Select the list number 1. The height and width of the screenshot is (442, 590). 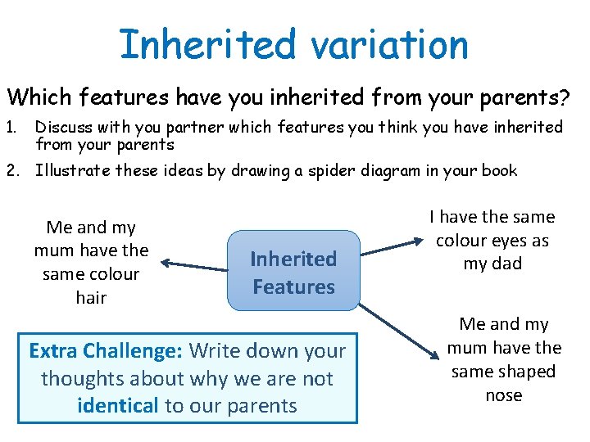[13, 128]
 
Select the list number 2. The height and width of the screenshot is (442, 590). [14, 170]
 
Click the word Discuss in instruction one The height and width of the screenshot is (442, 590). [62, 128]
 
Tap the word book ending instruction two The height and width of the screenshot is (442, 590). [500, 170]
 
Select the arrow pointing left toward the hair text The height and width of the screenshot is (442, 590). [193, 263]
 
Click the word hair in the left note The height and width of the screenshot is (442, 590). [91, 297]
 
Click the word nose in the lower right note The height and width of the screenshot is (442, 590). [503, 395]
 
